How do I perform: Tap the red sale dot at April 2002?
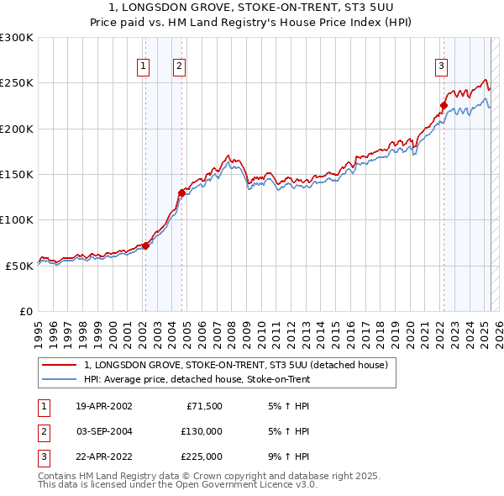coord(145,245)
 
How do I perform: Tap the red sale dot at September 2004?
coord(181,193)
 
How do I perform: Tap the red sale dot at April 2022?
coord(444,106)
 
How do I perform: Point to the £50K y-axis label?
coord(20,266)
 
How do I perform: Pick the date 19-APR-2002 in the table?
coord(104,406)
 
